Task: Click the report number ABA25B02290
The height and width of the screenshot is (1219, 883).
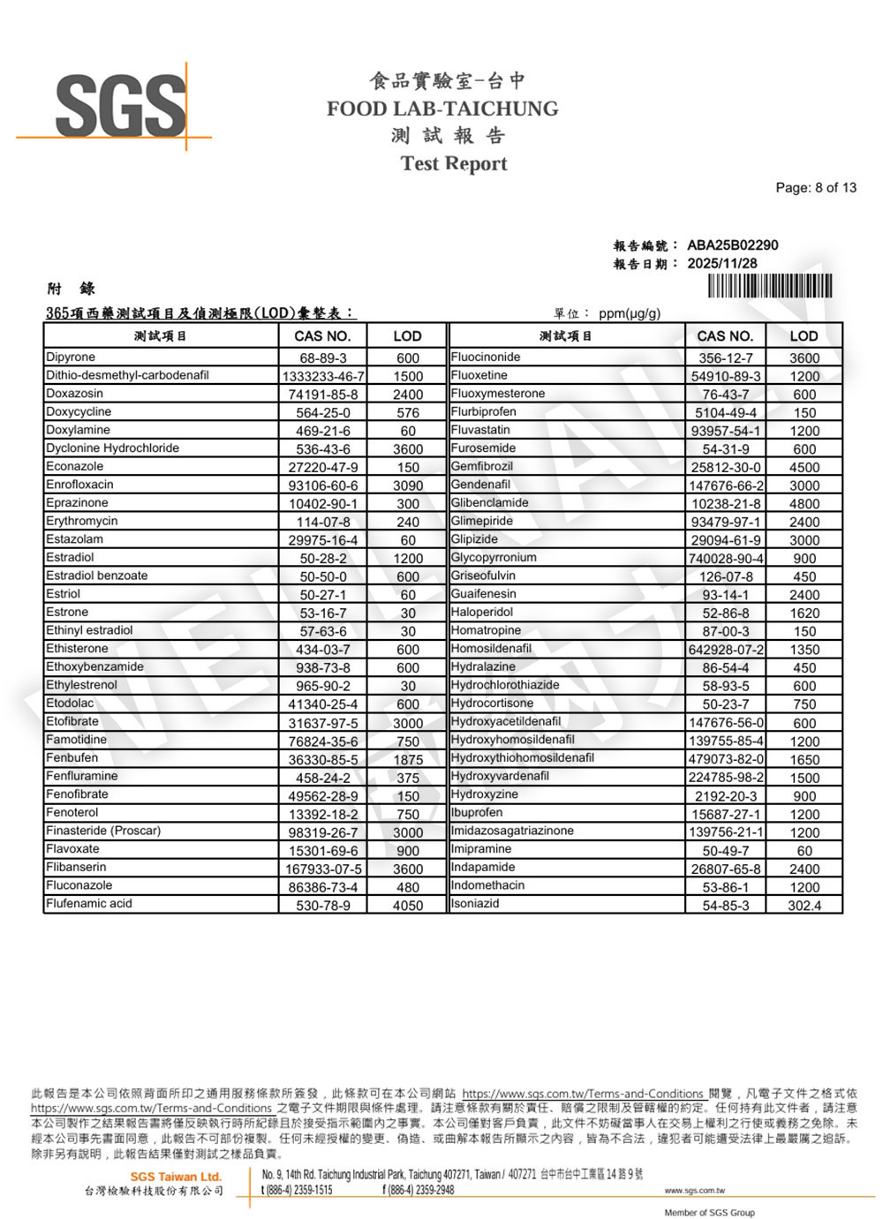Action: pyautogui.click(x=732, y=245)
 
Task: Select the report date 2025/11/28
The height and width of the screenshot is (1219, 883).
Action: pyautogui.click(x=721, y=263)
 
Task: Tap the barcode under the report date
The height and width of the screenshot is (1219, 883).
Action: pyautogui.click(x=769, y=287)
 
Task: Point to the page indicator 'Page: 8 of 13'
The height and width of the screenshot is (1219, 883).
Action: pyautogui.click(x=815, y=187)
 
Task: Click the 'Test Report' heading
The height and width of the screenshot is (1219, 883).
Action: pyautogui.click(x=454, y=163)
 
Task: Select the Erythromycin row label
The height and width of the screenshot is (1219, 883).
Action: pyautogui.click(x=81, y=521)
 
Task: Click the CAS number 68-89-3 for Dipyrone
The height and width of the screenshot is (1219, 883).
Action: pyautogui.click(x=322, y=358)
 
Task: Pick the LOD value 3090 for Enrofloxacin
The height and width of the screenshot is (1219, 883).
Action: pyautogui.click(x=407, y=485)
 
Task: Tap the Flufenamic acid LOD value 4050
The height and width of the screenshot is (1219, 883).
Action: pyautogui.click(x=407, y=906)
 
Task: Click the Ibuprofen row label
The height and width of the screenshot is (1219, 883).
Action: pyautogui.click(x=477, y=812)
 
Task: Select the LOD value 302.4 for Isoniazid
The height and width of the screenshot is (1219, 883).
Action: pyautogui.click(x=804, y=906)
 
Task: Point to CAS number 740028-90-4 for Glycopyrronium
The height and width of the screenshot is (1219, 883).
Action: pyautogui.click(x=726, y=559)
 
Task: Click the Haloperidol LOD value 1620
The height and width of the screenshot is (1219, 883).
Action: pyautogui.click(x=804, y=613)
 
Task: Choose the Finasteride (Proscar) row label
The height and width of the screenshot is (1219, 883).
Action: pyautogui.click(x=103, y=831)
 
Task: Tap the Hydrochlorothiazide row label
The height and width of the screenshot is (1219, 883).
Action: pyautogui.click(x=504, y=685)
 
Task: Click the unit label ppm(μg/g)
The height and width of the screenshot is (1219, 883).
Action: pyautogui.click(x=629, y=313)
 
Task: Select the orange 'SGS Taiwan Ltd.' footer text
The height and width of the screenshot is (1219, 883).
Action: pyautogui.click(x=176, y=1177)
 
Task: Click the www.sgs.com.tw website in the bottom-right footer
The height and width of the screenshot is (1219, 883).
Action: pyautogui.click(x=694, y=1191)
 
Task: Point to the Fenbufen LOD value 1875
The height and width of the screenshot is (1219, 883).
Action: pyautogui.click(x=407, y=760)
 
